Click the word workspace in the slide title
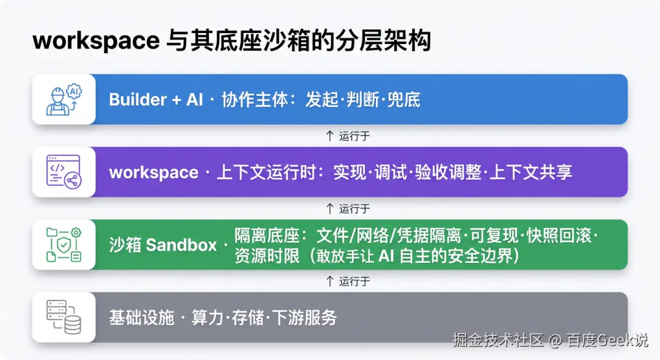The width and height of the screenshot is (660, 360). click(x=96, y=42)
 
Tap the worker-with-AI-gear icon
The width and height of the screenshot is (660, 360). click(x=64, y=100)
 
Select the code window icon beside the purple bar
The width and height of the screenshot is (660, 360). click(x=64, y=172)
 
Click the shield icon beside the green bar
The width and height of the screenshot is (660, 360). click(x=64, y=244)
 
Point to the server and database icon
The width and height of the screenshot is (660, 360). click(x=64, y=317)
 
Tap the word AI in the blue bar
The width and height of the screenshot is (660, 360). click(x=194, y=100)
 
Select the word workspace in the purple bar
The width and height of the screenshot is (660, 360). click(x=153, y=172)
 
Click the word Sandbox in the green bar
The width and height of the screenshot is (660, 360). click(x=181, y=245)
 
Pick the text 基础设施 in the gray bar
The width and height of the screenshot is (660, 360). click(x=142, y=317)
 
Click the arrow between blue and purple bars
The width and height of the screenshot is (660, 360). click(x=329, y=136)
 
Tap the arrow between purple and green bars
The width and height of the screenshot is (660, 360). click(x=329, y=208)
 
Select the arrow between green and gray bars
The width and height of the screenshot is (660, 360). click(x=329, y=281)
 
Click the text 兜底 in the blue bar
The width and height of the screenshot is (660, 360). click(x=404, y=100)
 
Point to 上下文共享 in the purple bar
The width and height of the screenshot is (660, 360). click(x=531, y=172)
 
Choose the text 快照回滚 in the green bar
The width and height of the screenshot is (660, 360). click(x=559, y=236)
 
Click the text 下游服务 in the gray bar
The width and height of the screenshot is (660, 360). click(x=304, y=317)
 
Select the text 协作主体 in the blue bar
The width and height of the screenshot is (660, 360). click(x=255, y=100)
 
